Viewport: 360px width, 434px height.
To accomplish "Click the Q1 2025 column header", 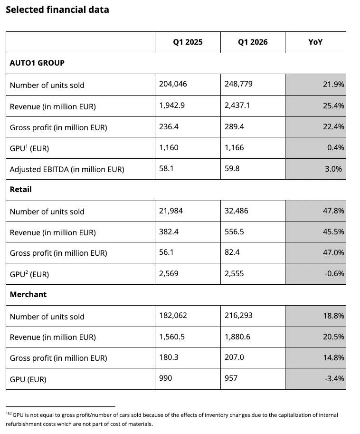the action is tap(188, 42).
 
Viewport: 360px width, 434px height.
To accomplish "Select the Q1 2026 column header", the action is tap(253, 42).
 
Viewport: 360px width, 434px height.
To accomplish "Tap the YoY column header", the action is tap(315, 42).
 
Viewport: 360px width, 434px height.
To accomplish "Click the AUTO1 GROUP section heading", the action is tap(37, 63).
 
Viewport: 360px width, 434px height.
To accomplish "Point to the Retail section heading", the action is tap(21, 190).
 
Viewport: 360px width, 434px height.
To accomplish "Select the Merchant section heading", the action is tap(28, 295).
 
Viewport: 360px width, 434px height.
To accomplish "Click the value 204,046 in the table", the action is tap(173, 84).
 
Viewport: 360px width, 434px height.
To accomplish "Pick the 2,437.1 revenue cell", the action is tap(237, 106).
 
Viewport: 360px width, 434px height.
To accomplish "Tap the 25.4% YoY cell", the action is tap(333, 106).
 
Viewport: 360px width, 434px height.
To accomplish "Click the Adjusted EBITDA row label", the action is tap(67, 169).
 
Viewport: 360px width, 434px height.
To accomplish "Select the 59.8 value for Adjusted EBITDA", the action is tap(232, 169).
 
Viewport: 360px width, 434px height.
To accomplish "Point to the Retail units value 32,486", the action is tap(237, 211).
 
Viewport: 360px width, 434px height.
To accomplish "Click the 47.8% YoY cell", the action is tap(333, 211).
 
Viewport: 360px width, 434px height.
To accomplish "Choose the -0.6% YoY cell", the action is tap(334, 274).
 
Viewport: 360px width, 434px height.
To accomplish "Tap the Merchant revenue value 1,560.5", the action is tap(172, 337).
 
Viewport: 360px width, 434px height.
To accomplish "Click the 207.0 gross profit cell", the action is tap(235, 357).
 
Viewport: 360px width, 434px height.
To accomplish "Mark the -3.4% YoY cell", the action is tap(334, 378).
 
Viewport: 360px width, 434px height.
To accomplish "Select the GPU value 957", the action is tap(231, 378).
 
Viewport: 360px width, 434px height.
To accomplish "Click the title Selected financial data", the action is tap(57, 10).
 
